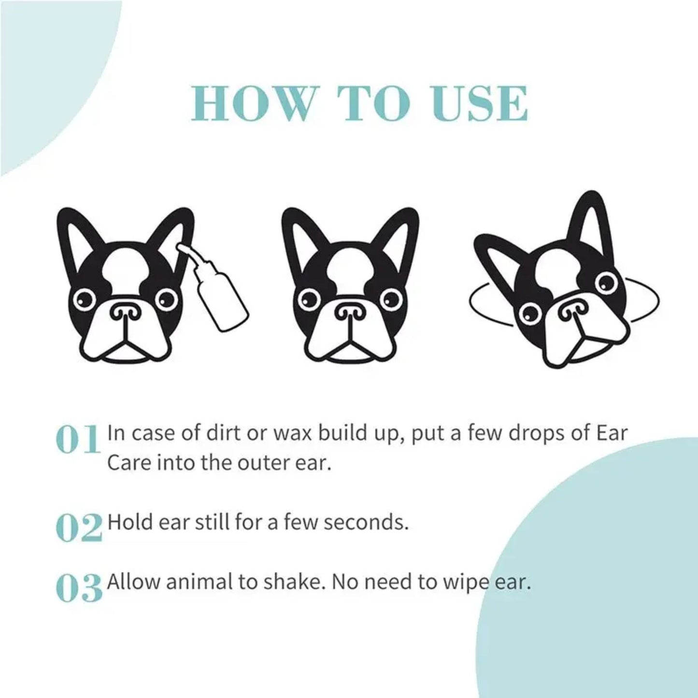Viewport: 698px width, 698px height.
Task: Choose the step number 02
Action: [x=79, y=527]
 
